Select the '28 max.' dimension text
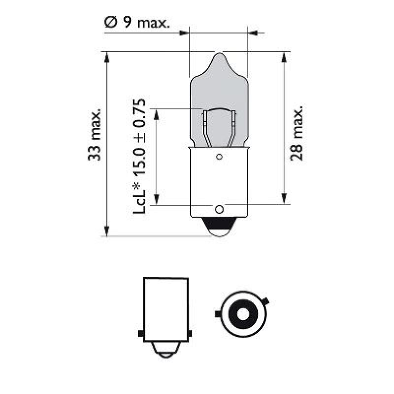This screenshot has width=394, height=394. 297,132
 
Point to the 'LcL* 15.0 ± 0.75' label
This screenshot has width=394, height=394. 139,156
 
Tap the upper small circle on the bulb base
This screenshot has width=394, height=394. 219,158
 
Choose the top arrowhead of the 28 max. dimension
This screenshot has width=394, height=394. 284,57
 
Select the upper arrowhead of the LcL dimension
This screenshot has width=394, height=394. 156,114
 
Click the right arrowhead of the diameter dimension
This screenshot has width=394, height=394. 252,33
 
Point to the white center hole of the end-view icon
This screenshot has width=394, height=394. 241,314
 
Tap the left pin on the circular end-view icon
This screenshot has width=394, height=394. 217,313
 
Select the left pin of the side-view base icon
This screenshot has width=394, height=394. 141,334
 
